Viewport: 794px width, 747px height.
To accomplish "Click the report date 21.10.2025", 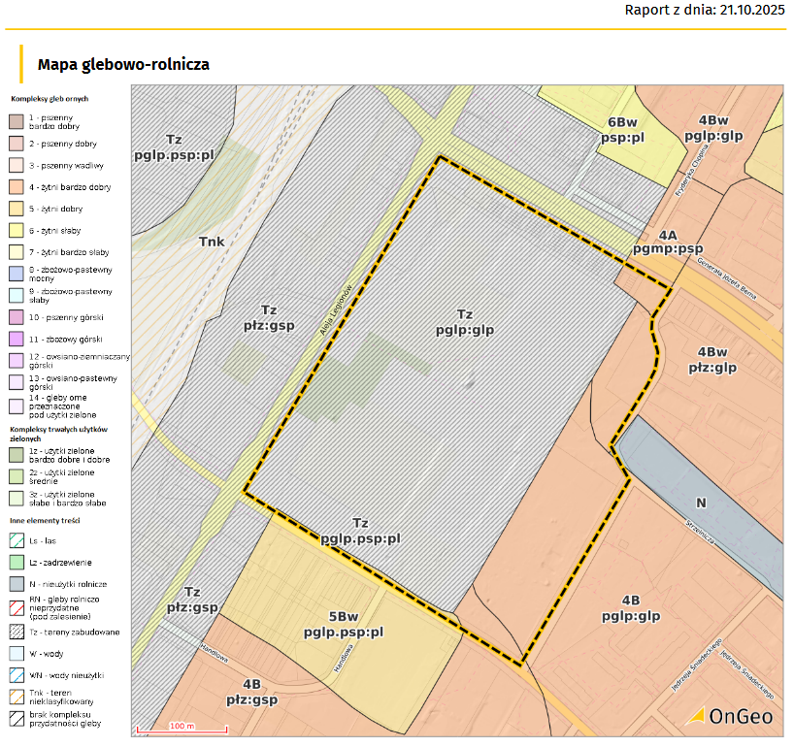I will (x=746, y=12).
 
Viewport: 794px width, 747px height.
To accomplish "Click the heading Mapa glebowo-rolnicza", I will (x=123, y=64).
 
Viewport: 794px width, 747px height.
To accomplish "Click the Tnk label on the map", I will (x=212, y=242).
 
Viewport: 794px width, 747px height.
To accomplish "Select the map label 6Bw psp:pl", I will (x=622, y=130).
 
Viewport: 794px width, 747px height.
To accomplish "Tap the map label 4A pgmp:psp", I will (x=667, y=243).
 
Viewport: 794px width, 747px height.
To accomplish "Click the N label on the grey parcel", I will (x=702, y=503).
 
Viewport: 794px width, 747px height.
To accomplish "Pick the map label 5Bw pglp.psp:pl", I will (x=344, y=624).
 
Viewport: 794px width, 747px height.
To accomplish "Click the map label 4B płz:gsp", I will (x=252, y=691).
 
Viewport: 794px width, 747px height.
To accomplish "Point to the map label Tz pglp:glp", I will (x=465, y=321).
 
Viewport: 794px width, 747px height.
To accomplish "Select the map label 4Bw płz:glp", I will (x=712, y=359).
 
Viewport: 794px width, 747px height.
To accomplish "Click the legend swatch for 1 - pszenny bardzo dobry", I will (x=17, y=121).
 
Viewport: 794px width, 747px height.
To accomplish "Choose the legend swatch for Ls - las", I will (x=17, y=541).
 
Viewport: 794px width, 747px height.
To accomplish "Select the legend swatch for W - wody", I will (x=17, y=653).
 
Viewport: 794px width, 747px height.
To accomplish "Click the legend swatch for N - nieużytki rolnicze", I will (x=17, y=584).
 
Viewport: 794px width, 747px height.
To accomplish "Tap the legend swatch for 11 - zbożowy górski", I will (x=17, y=339).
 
